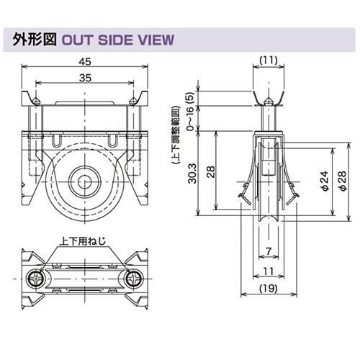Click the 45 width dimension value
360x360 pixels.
(x=85, y=62)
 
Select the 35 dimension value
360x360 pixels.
(x=85, y=78)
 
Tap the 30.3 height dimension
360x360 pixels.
(x=192, y=174)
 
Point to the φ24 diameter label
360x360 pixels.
(x=325, y=181)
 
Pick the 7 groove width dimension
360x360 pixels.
(x=269, y=251)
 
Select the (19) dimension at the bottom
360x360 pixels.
(x=269, y=288)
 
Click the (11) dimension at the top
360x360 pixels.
(x=269, y=60)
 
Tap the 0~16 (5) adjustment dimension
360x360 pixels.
(x=190, y=111)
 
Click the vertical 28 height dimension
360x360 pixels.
(x=211, y=171)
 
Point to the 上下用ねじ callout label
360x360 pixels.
(x=83, y=240)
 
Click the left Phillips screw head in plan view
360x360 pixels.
(x=36, y=279)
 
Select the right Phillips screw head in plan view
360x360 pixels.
(x=133, y=279)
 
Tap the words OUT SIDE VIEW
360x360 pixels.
(x=118, y=40)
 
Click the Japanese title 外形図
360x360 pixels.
(x=35, y=40)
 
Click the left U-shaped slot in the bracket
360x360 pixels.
(x=56, y=140)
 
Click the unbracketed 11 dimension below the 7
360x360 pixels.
(x=269, y=271)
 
